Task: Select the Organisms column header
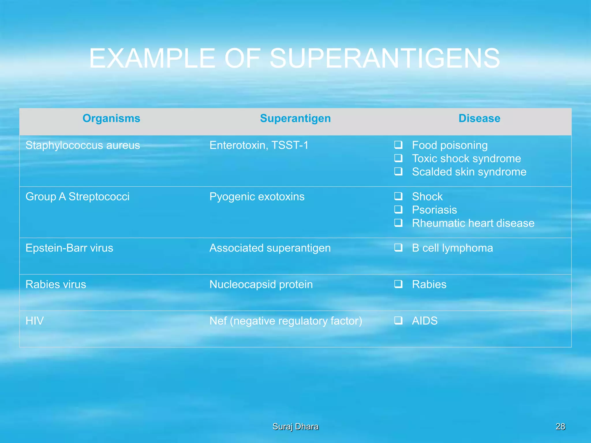(111, 119)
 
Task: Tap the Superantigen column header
(295, 119)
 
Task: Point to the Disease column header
(479, 119)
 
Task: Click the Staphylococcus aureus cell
(83, 145)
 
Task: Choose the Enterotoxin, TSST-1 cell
(259, 145)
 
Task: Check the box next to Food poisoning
(399, 145)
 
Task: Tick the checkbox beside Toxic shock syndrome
(399, 158)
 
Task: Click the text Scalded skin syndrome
(469, 172)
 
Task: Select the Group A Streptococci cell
(77, 197)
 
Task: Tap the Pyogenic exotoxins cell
(257, 197)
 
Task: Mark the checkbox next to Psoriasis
(399, 209)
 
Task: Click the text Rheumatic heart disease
(473, 223)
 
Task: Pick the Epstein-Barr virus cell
(69, 248)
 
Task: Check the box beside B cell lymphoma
(399, 247)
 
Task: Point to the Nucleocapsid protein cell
(261, 284)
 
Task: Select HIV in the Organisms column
(35, 321)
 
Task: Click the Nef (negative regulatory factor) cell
(286, 321)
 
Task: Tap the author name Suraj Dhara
(295, 426)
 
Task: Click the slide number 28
(560, 426)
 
